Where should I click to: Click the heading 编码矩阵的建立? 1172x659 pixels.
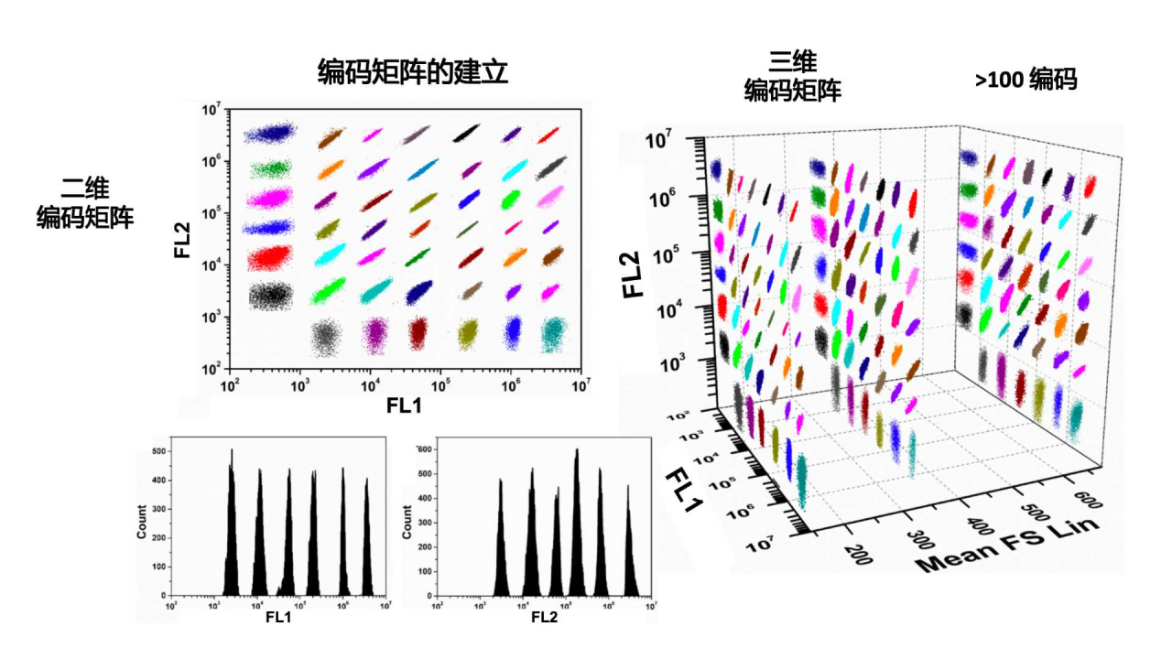point(412,72)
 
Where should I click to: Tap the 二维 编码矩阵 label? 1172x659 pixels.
point(85,203)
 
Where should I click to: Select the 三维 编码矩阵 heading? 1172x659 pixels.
point(793,76)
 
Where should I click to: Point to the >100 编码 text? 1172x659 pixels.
point(1025,81)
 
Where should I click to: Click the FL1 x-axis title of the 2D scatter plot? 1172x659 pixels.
point(403,404)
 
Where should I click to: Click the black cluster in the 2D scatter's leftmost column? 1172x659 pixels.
point(268,294)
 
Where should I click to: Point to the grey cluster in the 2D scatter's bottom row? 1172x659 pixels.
point(325,337)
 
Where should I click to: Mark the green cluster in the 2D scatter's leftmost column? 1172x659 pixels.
point(268,169)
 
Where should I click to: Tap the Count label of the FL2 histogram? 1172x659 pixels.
point(407,521)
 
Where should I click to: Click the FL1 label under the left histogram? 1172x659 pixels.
point(278,617)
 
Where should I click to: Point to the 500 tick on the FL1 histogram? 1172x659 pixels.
point(157,451)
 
